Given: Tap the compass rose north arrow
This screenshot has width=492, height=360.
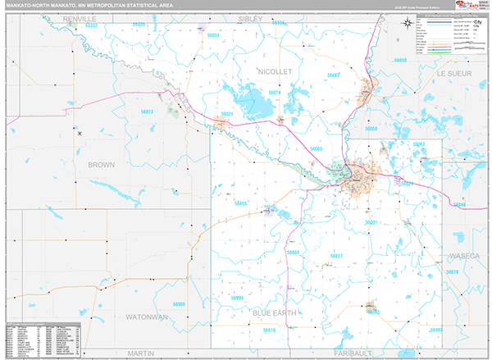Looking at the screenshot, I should point(408,22).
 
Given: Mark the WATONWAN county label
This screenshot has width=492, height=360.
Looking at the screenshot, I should point(147,316).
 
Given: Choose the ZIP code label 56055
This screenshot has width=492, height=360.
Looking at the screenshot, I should point(240,203).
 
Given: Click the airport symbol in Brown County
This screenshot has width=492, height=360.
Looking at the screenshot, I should point(80,134).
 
